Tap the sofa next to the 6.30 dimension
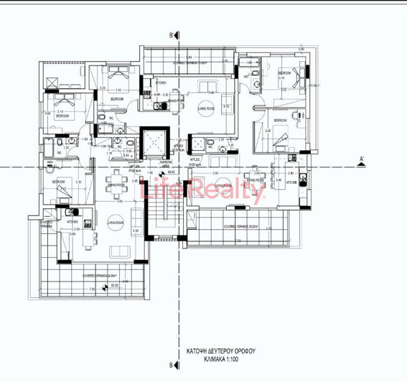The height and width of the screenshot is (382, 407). pyautogui.click(x=116, y=250)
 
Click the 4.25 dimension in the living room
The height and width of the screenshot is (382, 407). pyautogui.click(x=225, y=107)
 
